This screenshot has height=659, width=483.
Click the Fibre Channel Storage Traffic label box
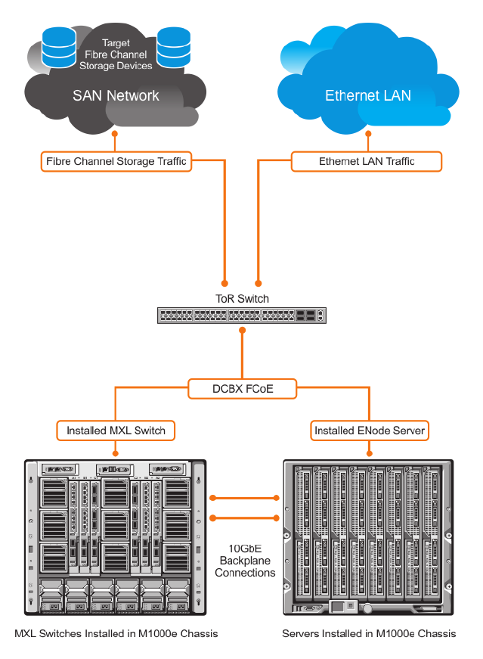tap(116, 161)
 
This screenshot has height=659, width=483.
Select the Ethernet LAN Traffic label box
tap(367, 161)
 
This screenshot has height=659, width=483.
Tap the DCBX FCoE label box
tap(242, 390)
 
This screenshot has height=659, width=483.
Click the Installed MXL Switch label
tap(116, 431)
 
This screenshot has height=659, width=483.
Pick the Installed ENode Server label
tap(370, 431)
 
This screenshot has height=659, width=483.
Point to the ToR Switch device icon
tap(242, 316)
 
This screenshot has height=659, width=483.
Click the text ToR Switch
tap(242, 299)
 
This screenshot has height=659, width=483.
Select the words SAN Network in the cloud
tap(116, 95)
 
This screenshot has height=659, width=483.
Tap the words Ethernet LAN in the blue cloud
tap(368, 95)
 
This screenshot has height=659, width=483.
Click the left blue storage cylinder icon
tap(58, 46)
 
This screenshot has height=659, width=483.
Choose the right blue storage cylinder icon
tap(172, 48)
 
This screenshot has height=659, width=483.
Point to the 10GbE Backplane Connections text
tap(245, 561)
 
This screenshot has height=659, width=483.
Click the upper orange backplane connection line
tap(245, 498)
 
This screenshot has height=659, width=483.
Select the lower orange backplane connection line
tap(245, 518)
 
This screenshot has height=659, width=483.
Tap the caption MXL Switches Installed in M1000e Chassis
tap(116, 633)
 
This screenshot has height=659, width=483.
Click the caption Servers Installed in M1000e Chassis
tap(369, 633)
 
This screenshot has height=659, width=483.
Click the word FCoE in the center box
tap(259, 390)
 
